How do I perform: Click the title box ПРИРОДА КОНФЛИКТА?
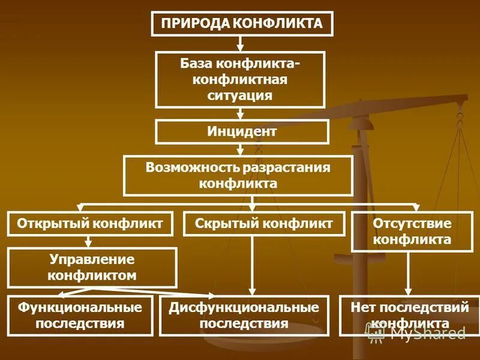[242, 24]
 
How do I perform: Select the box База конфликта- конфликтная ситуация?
[240, 79]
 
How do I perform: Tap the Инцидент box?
[242, 131]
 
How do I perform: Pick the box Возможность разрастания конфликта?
[238, 175]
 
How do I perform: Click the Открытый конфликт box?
[90, 223]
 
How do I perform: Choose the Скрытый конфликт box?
[264, 223]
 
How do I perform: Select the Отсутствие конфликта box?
[412, 232]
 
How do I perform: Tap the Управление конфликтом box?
[92, 268]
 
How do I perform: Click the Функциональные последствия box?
[80, 315]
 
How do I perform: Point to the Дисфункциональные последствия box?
[244, 315]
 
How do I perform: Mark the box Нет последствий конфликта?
[409, 315]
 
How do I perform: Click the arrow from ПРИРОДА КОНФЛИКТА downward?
[240, 43]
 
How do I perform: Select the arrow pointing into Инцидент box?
[240, 113]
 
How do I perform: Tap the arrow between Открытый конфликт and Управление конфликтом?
[89, 241]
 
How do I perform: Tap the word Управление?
[92, 260]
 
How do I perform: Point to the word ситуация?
[240, 95]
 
